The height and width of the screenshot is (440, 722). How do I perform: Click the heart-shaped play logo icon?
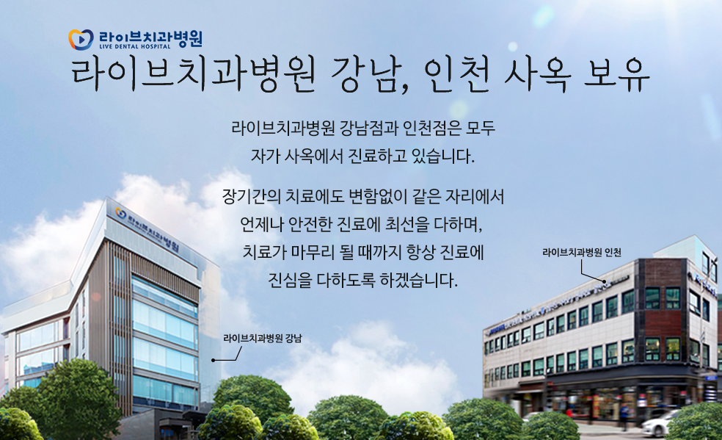pyautogui.click(x=81, y=40)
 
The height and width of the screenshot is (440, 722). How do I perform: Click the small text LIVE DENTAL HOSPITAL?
pyautogui.click(x=135, y=46)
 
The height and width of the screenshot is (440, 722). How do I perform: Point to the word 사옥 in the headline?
pyautogui.click(x=537, y=75)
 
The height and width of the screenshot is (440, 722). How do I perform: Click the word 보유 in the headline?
pyautogui.click(x=616, y=75)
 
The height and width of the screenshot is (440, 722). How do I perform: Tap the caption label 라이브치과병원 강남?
pyautogui.click(x=263, y=339)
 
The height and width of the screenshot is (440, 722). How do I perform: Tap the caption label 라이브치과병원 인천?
pyautogui.click(x=582, y=253)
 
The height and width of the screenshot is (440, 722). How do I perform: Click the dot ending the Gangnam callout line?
pyautogui.click(x=214, y=360)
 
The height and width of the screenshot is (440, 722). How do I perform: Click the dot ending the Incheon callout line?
pyautogui.click(x=604, y=281)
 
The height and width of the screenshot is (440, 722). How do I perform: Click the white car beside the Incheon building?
pyautogui.click(x=660, y=423)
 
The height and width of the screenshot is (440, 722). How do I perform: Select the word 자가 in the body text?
pyautogui.click(x=265, y=156)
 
